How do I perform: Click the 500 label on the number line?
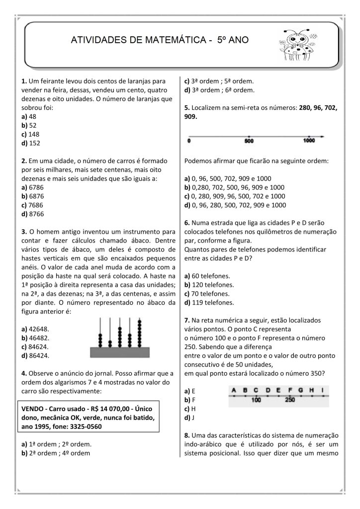pos(249,142)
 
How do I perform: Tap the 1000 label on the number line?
pos(309,141)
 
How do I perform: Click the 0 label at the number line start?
pos(189,142)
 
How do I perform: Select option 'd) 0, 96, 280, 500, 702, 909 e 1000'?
pos(235,205)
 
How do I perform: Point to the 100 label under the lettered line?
pos(257,400)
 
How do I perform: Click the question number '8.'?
pos(187,435)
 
